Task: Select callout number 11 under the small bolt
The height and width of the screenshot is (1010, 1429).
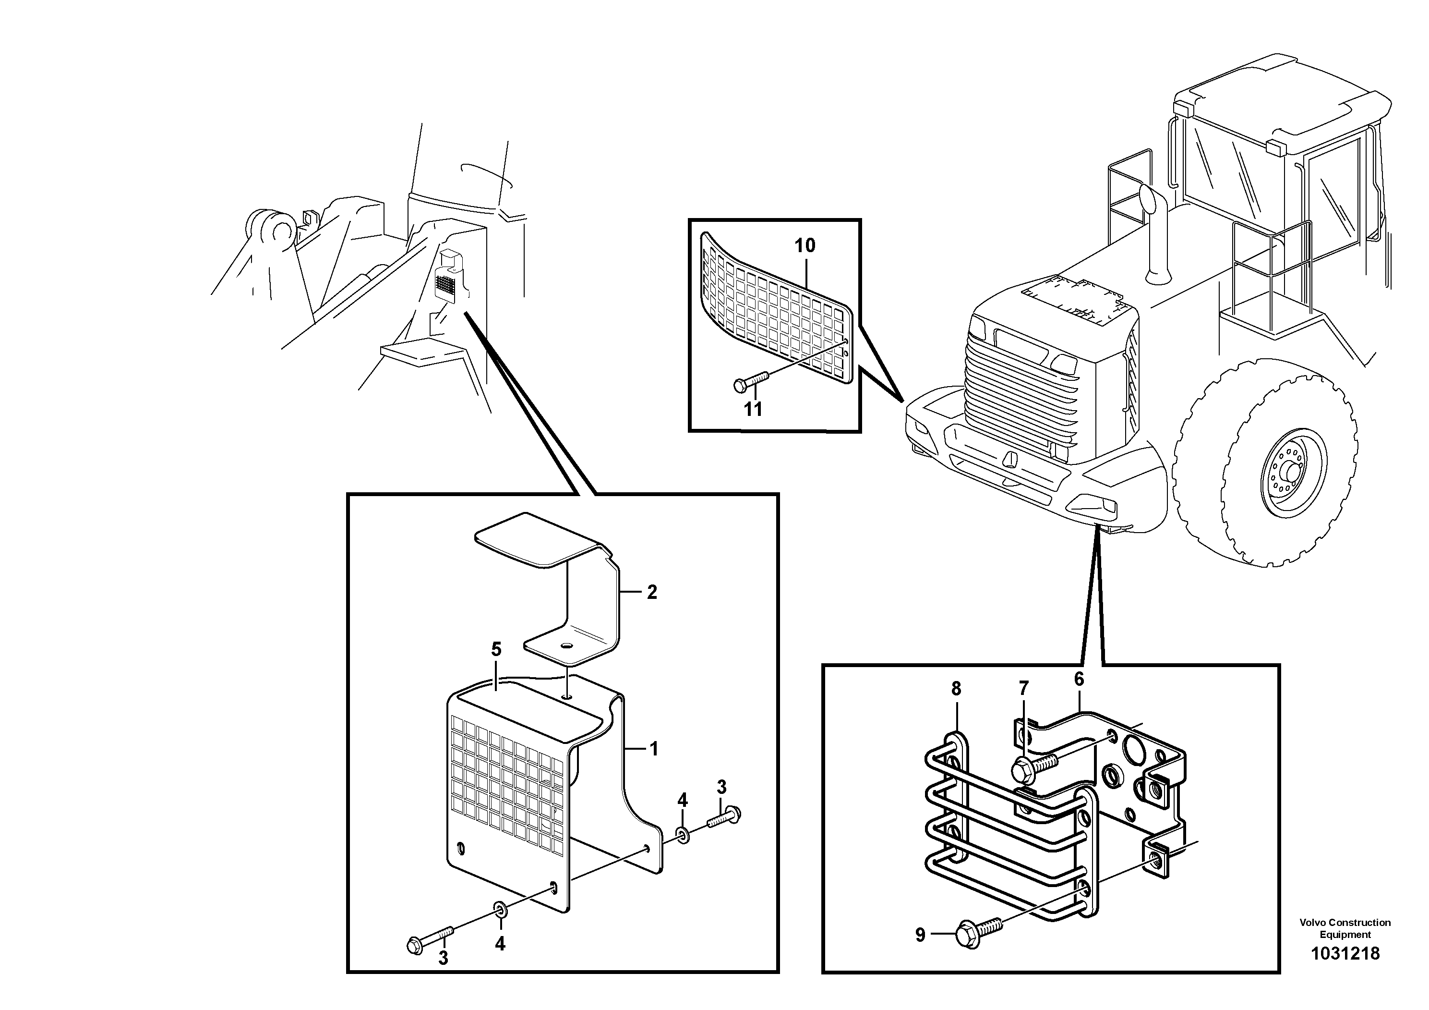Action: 753,409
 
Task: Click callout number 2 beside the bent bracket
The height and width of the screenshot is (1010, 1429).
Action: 652,592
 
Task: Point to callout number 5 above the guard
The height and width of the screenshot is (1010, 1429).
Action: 495,649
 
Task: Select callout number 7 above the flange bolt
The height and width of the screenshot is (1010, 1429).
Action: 1023,688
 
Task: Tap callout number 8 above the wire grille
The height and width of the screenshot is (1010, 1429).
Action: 956,689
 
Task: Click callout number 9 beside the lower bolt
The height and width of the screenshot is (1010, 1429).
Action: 921,935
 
